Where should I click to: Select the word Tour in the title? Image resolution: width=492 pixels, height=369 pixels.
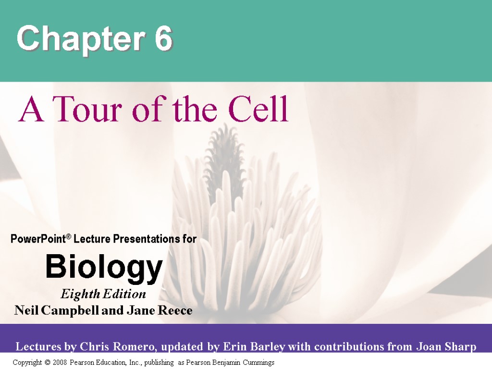click(84, 110)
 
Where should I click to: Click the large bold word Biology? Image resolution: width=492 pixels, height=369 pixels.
click(104, 268)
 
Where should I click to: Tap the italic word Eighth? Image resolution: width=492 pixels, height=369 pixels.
click(79, 294)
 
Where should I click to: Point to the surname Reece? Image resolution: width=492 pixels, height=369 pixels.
click(174, 311)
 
